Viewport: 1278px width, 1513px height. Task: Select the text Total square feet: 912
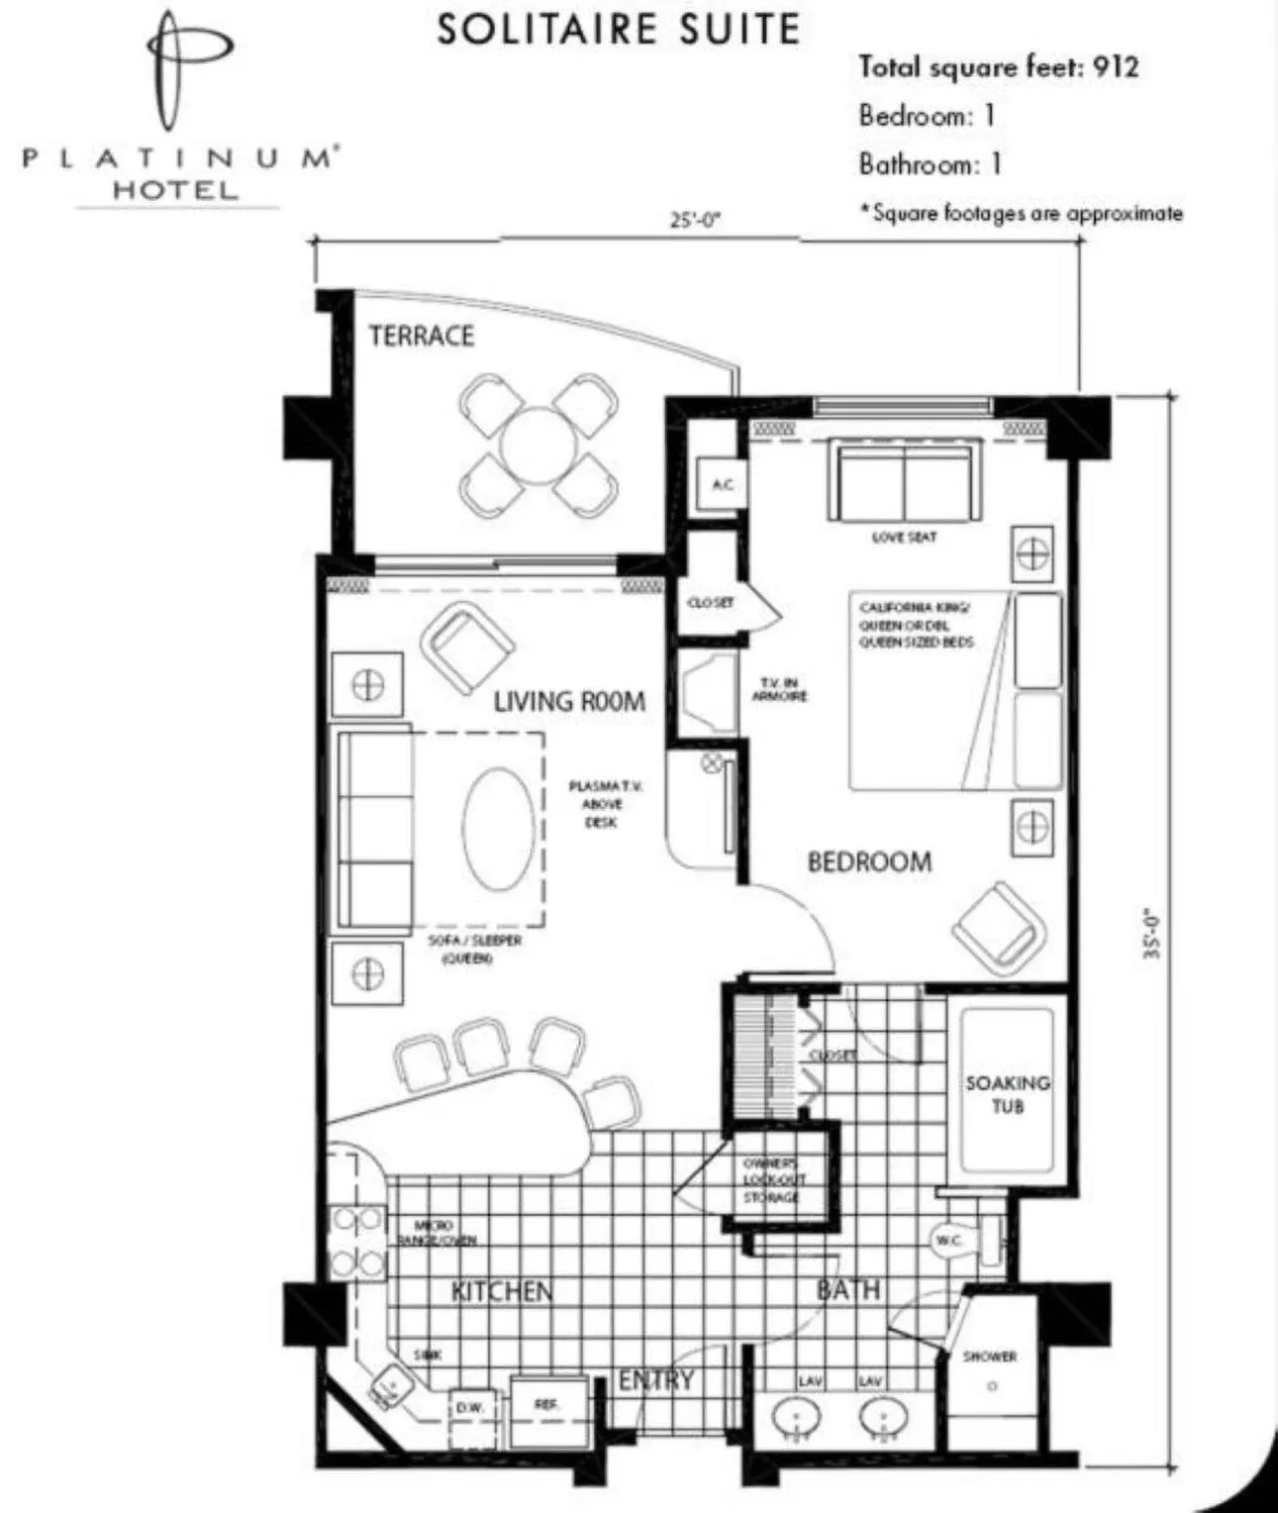[997, 67]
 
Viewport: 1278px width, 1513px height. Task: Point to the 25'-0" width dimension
[695, 221]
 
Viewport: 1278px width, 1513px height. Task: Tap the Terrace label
[421, 336]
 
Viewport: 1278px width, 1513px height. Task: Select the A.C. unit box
[722, 484]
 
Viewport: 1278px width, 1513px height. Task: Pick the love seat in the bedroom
[904, 482]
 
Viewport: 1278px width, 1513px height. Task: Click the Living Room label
[569, 701]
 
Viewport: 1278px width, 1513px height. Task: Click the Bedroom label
[869, 862]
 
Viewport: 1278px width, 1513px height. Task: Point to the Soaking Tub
[1006, 1092]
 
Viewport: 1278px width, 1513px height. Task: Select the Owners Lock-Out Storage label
[771, 1180]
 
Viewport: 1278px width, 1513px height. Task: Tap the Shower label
[989, 1356]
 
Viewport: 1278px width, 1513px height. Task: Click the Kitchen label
[501, 1291]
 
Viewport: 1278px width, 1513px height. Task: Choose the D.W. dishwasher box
[470, 1406]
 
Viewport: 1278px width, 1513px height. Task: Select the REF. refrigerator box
[546, 1404]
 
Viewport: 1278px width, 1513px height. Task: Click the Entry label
[656, 1380]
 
